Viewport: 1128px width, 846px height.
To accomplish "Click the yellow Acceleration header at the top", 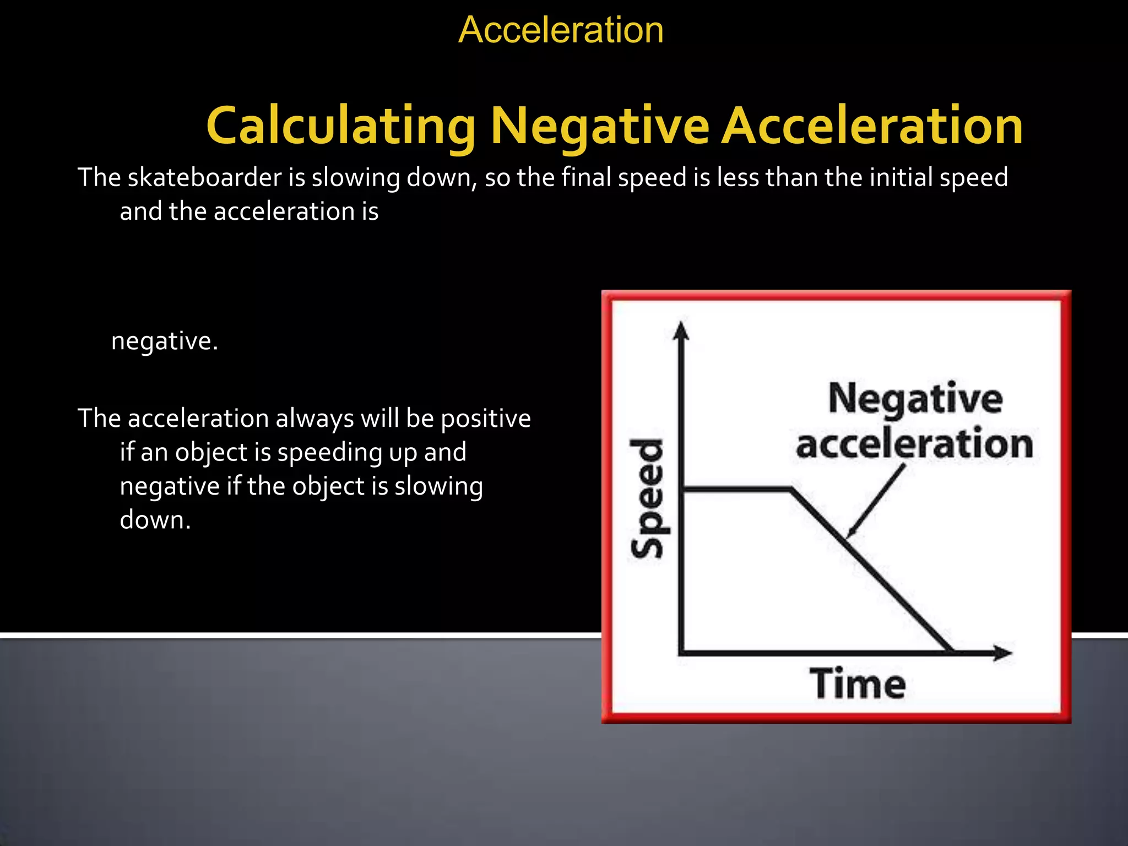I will (x=561, y=30).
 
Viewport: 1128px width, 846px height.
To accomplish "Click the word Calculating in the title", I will (x=340, y=127).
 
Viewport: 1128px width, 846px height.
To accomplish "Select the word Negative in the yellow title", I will (x=599, y=127).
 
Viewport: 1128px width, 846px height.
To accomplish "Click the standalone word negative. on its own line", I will (x=165, y=341).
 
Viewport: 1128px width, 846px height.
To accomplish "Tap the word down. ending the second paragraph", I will (x=155, y=520).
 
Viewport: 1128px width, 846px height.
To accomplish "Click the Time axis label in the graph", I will (x=857, y=684).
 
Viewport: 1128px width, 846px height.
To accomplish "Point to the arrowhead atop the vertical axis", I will (x=682, y=330).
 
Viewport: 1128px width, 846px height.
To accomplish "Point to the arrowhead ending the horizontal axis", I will (x=1002, y=653).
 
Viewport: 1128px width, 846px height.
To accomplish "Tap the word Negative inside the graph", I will (x=915, y=398).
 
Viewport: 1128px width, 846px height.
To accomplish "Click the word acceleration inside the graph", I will (x=914, y=444).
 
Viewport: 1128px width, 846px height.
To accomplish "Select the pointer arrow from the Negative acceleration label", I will (x=876, y=501).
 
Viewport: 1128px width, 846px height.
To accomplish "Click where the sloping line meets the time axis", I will (x=951, y=652).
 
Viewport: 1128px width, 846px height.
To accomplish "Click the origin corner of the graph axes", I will (x=682, y=653).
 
